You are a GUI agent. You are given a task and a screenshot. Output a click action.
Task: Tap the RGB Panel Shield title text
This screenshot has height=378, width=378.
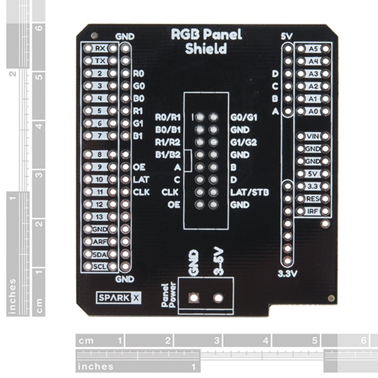[206, 42]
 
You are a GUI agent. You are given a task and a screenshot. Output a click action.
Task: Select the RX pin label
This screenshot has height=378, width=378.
[100, 48]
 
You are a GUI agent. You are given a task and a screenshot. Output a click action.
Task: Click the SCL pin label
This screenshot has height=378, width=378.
[100, 266]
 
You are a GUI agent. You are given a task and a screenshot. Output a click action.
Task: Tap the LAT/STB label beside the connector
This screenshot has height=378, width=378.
[249, 192]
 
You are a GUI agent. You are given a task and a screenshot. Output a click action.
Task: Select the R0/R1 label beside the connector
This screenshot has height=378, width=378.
[167, 117]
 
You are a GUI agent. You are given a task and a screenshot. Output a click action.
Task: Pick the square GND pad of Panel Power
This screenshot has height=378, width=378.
[193, 298]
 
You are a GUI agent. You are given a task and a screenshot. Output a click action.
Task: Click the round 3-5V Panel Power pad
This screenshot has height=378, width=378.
[219, 298]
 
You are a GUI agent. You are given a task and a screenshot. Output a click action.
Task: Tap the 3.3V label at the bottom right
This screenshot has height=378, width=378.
[288, 274]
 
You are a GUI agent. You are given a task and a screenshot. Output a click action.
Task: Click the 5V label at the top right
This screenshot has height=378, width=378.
[287, 37]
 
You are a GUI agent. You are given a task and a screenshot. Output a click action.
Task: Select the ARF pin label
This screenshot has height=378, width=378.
[100, 241]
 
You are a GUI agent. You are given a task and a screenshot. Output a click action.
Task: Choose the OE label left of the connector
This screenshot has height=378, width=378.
[174, 205]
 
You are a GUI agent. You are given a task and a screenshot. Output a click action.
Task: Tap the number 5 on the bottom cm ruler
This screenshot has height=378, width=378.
[314, 341]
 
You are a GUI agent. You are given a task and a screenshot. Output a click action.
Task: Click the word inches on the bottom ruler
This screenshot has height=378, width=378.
[96, 367]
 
